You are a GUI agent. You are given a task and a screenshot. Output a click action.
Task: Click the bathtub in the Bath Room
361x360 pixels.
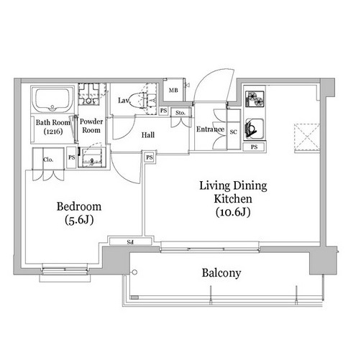click(x=52, y=100)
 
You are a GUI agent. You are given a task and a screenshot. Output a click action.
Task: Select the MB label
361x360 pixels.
click(x=173, y=91)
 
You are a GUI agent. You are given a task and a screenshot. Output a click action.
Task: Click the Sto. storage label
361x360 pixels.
click(x=180, y=113)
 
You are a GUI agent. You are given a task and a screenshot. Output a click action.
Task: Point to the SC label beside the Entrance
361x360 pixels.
click(x=233, y=132)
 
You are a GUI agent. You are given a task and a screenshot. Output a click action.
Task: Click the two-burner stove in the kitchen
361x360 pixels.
click(x=255, y=99)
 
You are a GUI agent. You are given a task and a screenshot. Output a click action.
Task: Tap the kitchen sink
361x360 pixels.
click(x=255, y=129)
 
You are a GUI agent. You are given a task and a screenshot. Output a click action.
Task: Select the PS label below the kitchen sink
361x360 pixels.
click(x=254, y=147)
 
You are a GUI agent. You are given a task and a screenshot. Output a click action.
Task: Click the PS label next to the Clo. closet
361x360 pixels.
click(x=71, y=157)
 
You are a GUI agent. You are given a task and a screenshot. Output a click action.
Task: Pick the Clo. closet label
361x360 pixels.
click(x=48, y=160)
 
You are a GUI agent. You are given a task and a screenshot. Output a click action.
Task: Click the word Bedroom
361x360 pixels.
click(x=79, y=206)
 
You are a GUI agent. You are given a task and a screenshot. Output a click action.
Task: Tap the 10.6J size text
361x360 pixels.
click(x=233, y=212)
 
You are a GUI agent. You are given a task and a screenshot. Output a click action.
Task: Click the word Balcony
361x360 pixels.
click(x=221, y=273)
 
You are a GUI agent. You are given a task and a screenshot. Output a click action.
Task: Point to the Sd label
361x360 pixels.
click(x=130, y=242)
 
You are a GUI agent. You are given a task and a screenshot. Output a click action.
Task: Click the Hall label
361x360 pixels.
click(x=148, y=135)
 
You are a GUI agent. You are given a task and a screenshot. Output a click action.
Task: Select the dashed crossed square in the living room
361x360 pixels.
click(x=307, y=137)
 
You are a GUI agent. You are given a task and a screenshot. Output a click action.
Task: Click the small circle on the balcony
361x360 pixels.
click(x=134, y=272)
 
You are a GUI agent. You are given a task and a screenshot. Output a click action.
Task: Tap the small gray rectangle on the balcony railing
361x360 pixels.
click(x=134, y=297)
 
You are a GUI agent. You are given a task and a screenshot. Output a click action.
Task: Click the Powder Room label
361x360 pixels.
click(x=91, y=126)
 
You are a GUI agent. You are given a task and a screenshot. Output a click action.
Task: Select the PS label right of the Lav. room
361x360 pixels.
click(x=163, y=111)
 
